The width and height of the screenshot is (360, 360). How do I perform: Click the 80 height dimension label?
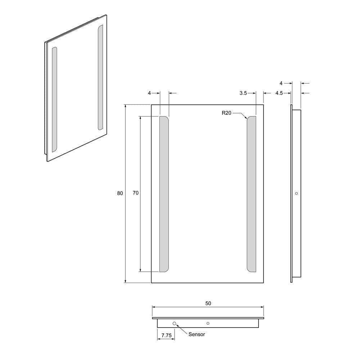click(x=120, y=193)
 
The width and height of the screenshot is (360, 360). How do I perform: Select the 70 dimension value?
click(x=135, y=193)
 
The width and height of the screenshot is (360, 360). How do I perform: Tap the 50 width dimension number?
click(x=208, y=303)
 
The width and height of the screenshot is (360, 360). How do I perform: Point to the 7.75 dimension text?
click(x=166, y=336)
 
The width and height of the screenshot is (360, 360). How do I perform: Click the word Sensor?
click(x=197, y=334)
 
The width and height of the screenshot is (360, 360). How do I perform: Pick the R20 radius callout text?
click(x=226, y=113)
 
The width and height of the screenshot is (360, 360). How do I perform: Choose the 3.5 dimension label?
click(x=243, y=93)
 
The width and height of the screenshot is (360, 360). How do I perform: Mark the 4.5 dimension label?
click(x=279, y=93)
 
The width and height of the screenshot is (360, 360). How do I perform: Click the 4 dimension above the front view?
click(x=149, y=93)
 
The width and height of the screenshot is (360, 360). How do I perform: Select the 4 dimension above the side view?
click(x=282, y=83)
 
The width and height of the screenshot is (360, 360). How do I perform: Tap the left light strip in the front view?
click(x=164, y=194)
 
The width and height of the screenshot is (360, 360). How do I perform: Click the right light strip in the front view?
click(x=251, y=194)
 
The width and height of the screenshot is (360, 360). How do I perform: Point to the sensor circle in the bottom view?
click(x=175, y=324)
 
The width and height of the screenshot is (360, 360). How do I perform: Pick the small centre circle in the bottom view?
click(x=208, y=323)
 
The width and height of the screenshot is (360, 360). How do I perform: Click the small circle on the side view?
click(x=296, y=193)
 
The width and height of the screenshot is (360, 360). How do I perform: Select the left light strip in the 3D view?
click(x=54, y=99)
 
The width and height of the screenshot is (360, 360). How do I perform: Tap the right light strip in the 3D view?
click(x=100, y=77)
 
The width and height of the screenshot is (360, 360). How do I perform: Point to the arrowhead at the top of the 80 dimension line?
click(x=125, y=106)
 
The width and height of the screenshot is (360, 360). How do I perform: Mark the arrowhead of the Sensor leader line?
click(x=177, y=326)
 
